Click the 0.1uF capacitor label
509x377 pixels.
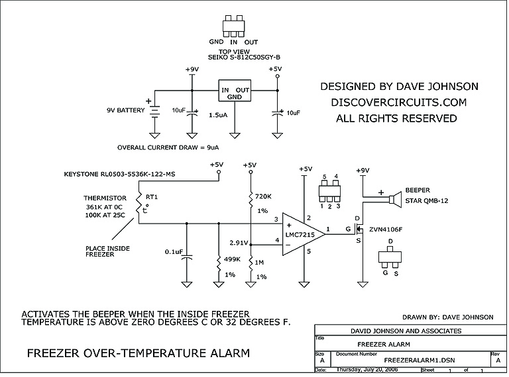point(163,251)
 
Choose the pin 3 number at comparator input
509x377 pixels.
point(267,219)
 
